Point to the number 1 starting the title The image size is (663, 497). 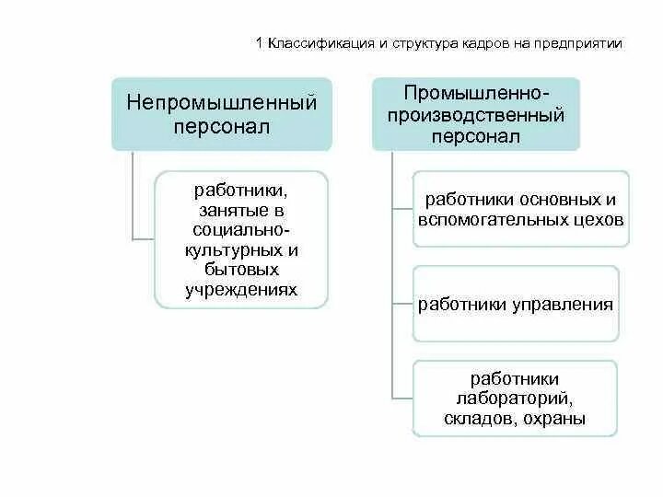pyautogui.click(x=259, y=43)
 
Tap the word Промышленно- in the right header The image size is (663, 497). pyautogui.click(x=476, y=94)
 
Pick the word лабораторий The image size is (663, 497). pyautogui.click(x=515, y=398)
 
